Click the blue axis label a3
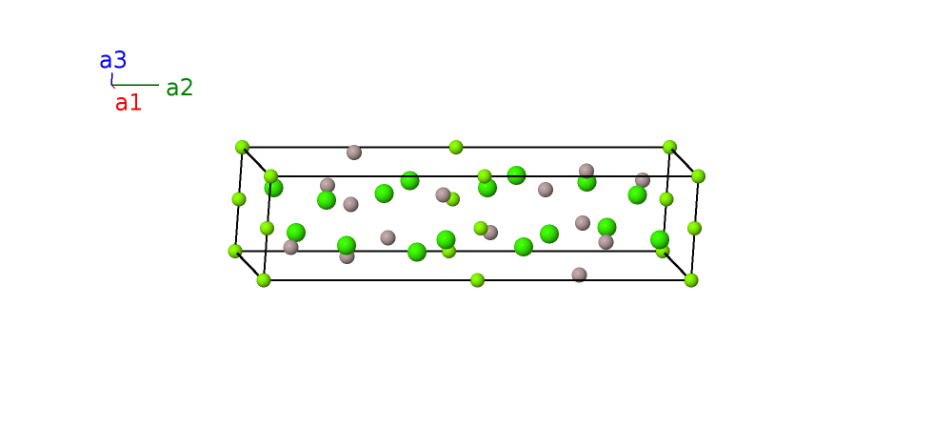click(112, 60)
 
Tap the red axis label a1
click(128, 103)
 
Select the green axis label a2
click(179, 88)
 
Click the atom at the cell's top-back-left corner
click(242, 147)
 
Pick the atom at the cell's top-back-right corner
click(669, 147)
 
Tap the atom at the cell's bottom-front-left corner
click(264, 280)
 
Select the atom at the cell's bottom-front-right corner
click(691, 280)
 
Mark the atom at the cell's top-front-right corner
click(698, 176)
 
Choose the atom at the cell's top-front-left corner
click(270, 176)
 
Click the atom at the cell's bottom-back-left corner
click(235, 251)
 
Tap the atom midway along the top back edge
click(456, 147)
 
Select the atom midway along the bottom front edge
click(477, 280)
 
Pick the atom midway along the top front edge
click(485, 176)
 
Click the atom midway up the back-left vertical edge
click(239, 199)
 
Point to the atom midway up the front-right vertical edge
click(694, 228)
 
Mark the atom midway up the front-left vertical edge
click(267, 228)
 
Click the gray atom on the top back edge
click(354, 153)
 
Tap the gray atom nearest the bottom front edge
click(579, 275)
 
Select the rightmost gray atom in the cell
click(643, 180)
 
